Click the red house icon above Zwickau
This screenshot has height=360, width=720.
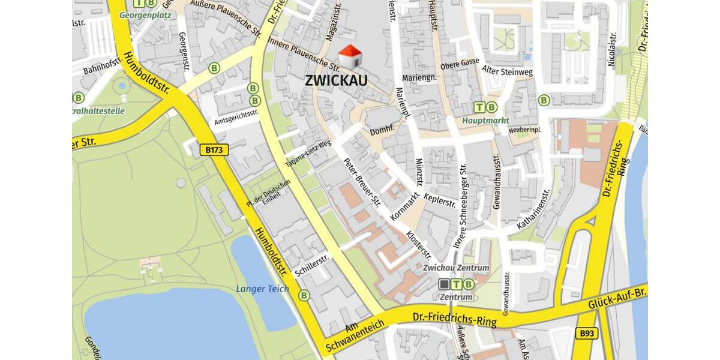(x=351, y=56)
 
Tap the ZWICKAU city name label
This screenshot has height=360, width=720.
(x=336, y=80)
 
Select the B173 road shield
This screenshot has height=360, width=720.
(x=214, y=150)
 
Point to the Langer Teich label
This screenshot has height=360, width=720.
(x=262, y=289)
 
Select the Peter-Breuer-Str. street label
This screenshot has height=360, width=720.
(x=362, y=182)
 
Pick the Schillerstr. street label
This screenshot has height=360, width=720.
(x=313, y=266)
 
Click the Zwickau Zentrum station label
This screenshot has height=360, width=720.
(x=456, y=268)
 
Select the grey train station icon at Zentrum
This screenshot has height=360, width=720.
(x=444, y=284)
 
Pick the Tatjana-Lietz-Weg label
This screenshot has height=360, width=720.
(x=308, y=154)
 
